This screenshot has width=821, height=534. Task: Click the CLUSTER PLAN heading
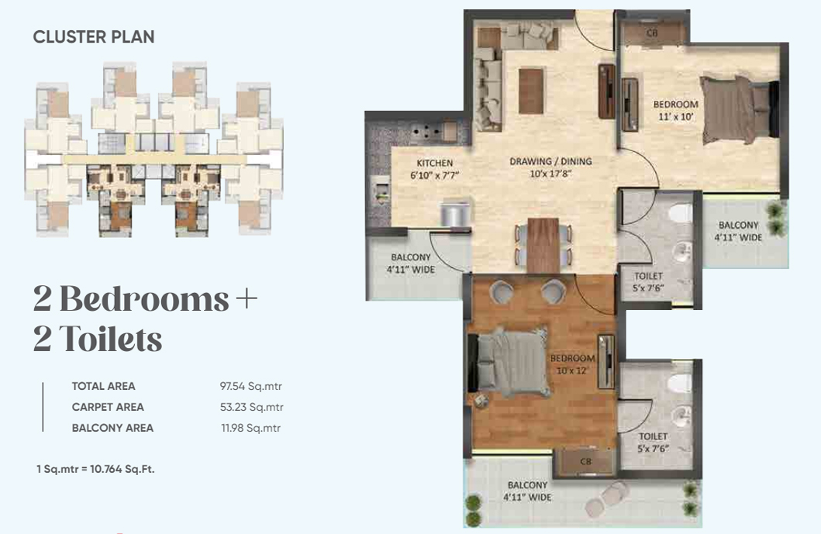[94, 37]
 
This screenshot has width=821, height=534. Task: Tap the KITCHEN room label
[435, 163]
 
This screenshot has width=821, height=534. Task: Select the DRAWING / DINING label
[551, 161]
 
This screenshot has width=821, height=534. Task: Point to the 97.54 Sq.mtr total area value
[251, 387]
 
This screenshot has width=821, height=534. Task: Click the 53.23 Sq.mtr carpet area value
[251, 407]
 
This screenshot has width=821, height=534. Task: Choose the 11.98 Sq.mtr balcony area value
[251, 428]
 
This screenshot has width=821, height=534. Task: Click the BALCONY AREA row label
[112, 428]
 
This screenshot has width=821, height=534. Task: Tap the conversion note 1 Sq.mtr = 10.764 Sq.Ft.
[95, 469]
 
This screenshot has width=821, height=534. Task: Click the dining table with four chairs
[543, 245]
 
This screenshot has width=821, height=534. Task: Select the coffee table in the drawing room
[531, 91]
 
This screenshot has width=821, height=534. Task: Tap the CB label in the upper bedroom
[652, 33]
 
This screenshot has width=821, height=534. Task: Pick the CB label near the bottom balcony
[585, 461]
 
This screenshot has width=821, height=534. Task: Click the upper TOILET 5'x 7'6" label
[649, 281]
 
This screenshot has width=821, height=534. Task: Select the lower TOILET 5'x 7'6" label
[653, 443]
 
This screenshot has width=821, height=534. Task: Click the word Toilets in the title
[111, 339]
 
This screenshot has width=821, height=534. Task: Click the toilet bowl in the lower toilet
[680, 383]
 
